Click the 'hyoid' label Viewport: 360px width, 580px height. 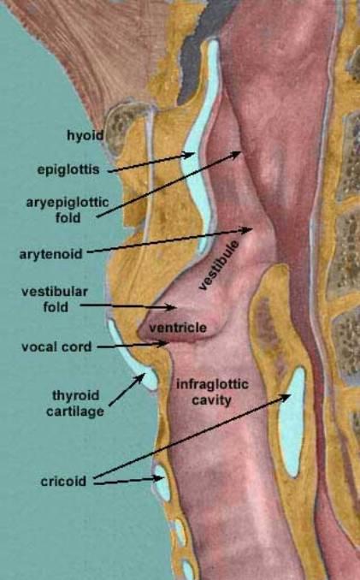point(85,135)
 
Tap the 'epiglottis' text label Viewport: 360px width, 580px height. point(68,169)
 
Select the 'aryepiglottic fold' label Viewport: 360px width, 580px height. point(68,210)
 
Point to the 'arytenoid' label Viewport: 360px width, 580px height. point(50,254)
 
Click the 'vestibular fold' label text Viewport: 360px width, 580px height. point(55,299)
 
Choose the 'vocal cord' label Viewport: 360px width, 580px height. point(56,347)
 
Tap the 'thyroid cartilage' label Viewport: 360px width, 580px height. point(75,403)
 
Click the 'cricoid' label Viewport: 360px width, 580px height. point(63,482)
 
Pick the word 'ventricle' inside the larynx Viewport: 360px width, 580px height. point(177,328)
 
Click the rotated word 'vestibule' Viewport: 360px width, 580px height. point(219,265)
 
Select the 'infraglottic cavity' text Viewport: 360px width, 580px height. point(212,392)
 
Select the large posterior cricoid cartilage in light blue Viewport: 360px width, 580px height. point(292,422)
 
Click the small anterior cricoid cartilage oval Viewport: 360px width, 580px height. point(162,482)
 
